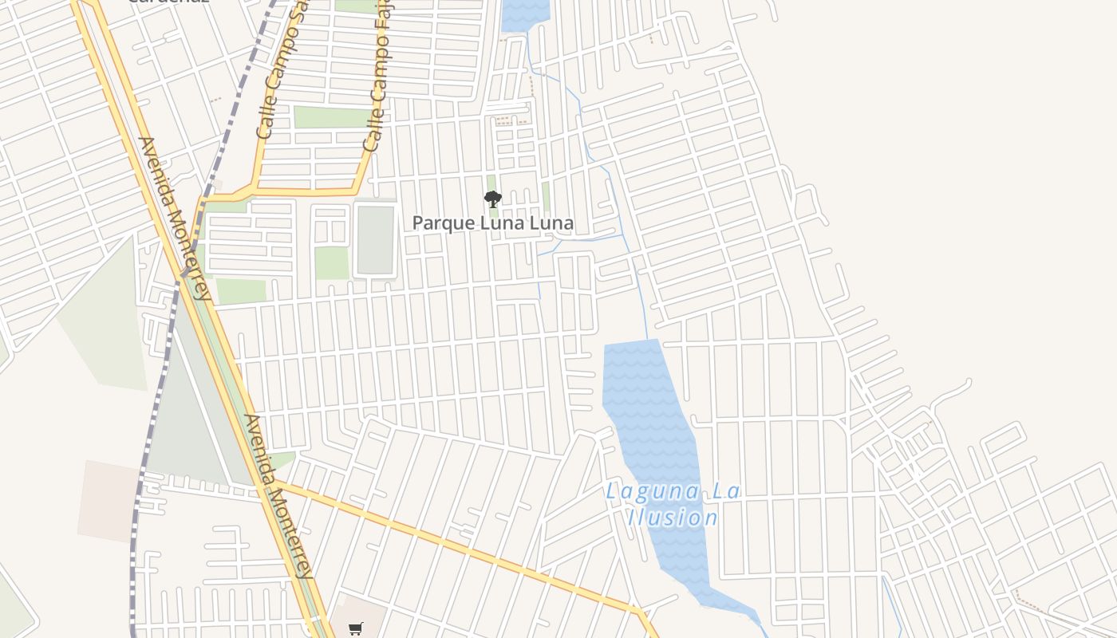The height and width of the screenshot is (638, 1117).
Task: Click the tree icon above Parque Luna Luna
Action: [493, 199]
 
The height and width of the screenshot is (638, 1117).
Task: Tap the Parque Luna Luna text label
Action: [493, 223]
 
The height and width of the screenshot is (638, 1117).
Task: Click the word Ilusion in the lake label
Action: [673, 518]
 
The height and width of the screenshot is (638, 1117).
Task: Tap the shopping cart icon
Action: [356, 628]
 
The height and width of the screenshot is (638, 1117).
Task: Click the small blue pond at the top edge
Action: [526, 14]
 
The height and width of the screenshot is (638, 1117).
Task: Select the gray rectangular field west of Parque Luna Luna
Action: [376, 240]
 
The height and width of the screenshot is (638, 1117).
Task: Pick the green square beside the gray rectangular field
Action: [331, 263]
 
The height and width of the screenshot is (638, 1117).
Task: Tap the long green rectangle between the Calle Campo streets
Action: [330, 117]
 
